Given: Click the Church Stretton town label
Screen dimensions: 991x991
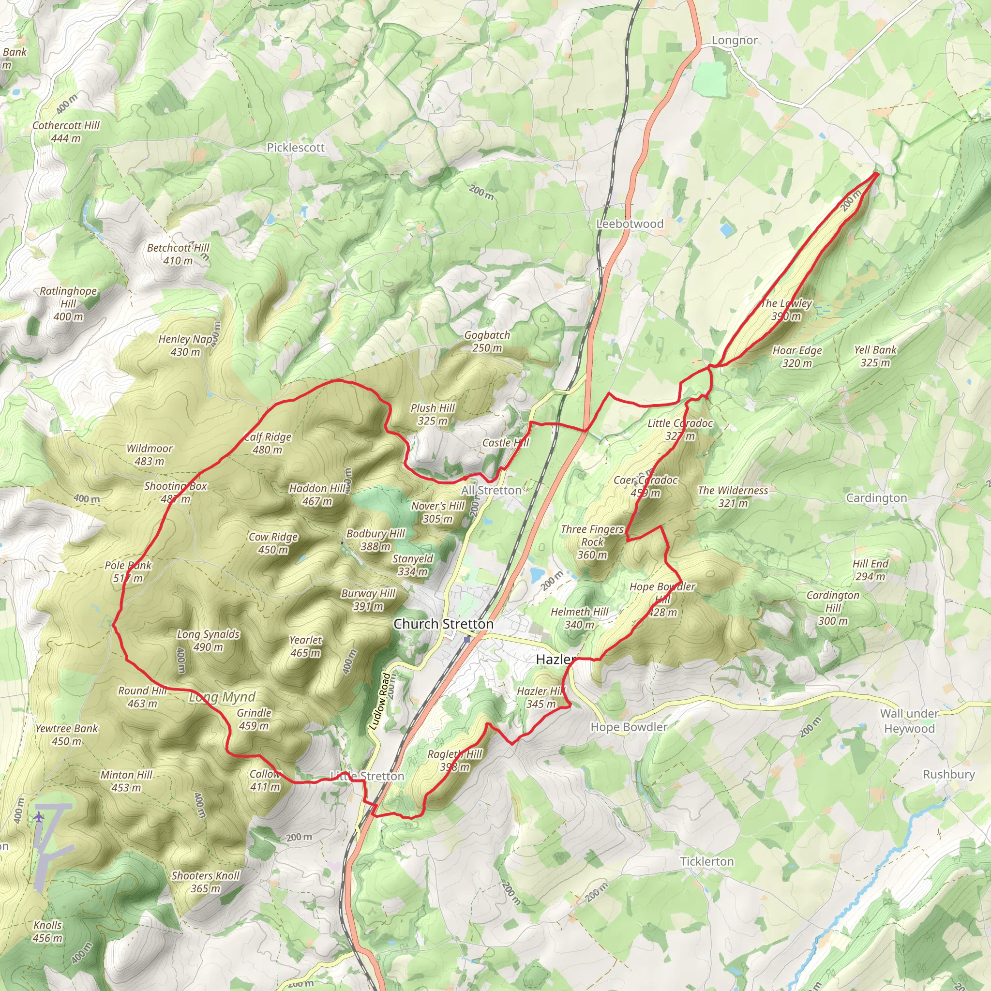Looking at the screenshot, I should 443,624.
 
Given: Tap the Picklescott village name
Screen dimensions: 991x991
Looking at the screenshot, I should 296,148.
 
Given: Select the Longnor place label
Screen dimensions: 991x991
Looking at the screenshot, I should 734,41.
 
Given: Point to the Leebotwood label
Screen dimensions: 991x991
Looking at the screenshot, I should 630,224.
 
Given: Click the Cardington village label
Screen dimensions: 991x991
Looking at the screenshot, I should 876,498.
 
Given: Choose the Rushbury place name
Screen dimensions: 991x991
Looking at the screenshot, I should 948,774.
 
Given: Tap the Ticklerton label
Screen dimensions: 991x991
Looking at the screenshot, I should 706,861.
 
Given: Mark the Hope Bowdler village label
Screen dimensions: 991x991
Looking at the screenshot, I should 629,727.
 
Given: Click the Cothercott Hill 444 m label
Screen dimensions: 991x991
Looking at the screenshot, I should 66,132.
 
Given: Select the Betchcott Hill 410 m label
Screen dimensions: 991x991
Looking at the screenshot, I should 178,254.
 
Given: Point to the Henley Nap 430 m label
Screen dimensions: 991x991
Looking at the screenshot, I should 185,345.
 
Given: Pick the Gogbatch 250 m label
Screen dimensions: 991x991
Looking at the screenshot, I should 487,341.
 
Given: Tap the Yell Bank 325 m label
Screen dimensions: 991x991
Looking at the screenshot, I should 875,356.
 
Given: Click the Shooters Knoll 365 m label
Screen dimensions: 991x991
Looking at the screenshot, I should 205,882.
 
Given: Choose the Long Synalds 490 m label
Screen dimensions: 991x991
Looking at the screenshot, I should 208,640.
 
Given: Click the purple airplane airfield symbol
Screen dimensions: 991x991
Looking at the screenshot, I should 40,817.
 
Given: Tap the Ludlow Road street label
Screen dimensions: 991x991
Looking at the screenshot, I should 380,701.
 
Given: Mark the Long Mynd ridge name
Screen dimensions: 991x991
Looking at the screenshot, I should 222,697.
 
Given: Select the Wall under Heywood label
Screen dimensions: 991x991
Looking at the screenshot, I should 909,721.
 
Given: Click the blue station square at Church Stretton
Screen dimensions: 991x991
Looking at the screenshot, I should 467,640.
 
